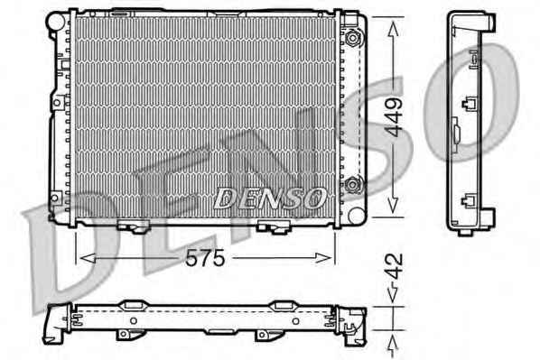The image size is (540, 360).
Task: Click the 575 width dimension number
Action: [x=205, y=258]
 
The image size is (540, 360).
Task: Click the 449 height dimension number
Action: [x=394, y=117]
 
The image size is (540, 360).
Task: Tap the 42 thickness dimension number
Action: [x=394, y=266]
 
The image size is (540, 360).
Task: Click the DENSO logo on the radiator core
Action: [x=270, y=198]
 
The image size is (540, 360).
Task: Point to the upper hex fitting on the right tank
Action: [x=353, y=37]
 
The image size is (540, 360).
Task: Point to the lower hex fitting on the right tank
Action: [x=352, y=185]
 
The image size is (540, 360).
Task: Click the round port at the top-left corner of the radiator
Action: [x=56, y=22]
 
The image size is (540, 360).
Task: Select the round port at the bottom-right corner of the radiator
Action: [x=357, y=215]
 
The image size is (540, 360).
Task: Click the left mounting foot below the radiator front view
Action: [x=133, y=226]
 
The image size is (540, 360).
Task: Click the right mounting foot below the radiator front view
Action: [x=275, y=227]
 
